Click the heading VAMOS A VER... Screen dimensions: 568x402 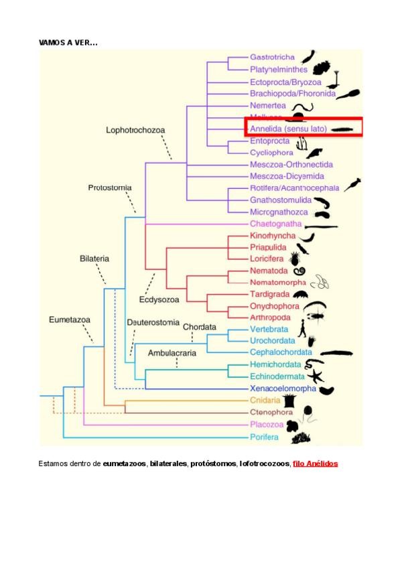pyautogui.click(x=68, y=42)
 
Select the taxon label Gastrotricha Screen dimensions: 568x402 pyautogui.click(x=272, y=57)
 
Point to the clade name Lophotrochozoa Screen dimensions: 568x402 pyautogui.click(x=135, y=130)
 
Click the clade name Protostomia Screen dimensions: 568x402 pyautogui.click(x=110, y=188)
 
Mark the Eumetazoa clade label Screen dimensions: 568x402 pyautogui.click(x=70, y=319)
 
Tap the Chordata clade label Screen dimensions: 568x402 pyautogui.click(x=200, y=327)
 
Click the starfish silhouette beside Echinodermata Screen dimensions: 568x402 pyautogui.click(x=315, y=376)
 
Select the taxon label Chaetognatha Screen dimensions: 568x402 pyautogui.click(x=275, y=224)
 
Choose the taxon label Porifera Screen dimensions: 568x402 pyautogui.click(x=264, y=437)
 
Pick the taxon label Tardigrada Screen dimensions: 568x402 pyautogui.click(x=269, y=294)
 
